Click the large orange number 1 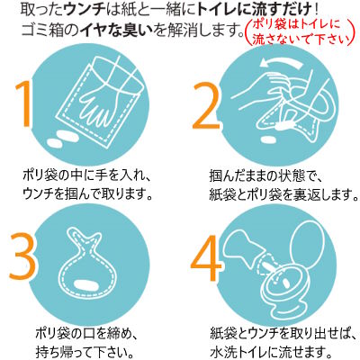24,103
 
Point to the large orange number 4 207,258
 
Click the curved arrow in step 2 282,62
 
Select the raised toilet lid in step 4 309,246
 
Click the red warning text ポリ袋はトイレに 296,25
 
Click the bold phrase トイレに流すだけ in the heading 253,11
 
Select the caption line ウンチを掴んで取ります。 87,195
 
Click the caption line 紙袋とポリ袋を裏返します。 283,195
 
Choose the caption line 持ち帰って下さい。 85,350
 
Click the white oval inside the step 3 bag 85,283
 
